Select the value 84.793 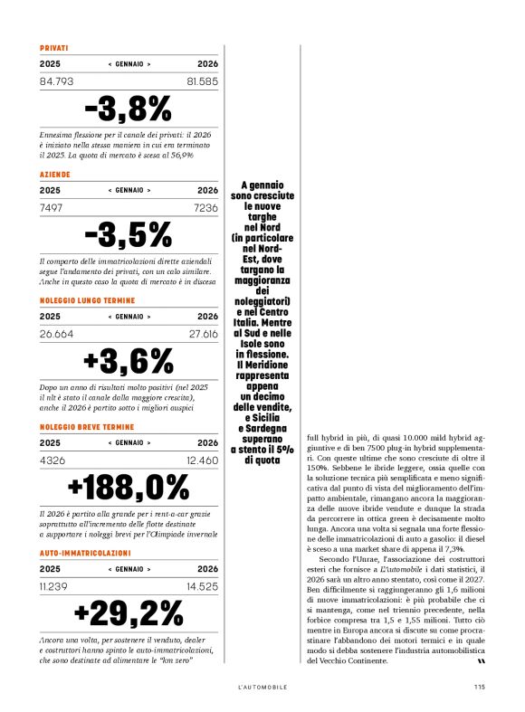tap(57, 81)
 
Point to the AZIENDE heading tap(55, 174)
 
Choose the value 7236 tap(206, 207)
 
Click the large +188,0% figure tap(128, 487)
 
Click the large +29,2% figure tap(128, 612)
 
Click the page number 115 tap(479, 687)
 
